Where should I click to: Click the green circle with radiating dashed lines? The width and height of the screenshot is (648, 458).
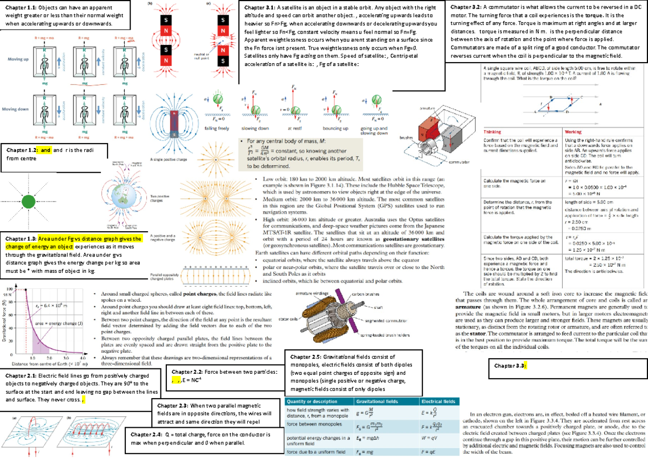(x=28, y=203)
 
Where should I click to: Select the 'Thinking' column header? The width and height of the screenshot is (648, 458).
(x=492, y=132)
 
